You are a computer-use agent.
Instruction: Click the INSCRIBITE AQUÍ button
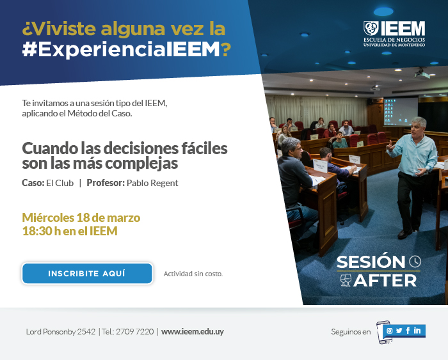pos(87,274)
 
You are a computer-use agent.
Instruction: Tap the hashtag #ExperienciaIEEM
pos(121,49)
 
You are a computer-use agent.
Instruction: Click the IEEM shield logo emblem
pos(371,28)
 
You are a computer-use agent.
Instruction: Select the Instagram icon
pos(389,331)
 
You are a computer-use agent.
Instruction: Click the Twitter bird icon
pos(399,331)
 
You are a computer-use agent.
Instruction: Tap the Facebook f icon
pos(408,331)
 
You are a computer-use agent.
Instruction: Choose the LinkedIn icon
pos(417,331)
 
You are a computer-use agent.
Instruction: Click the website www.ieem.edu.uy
pos(192,332)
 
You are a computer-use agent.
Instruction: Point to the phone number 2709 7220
pos(134,332)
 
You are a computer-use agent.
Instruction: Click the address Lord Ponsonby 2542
pos(61,332)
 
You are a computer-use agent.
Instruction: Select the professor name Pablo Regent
pos(152,183)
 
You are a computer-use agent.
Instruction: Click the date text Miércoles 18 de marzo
pos(81,218)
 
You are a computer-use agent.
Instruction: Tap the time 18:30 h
pos(42,231)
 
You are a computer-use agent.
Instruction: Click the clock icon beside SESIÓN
pos(415,262)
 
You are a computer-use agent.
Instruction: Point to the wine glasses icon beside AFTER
pos(346,280)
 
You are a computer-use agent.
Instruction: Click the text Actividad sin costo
pos(193,274)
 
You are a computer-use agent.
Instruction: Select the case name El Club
pos(60,183)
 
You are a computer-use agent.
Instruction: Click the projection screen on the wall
pos(401,111)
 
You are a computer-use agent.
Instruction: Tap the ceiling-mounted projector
pos(422,74)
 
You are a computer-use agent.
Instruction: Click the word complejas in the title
pos(141,164)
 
